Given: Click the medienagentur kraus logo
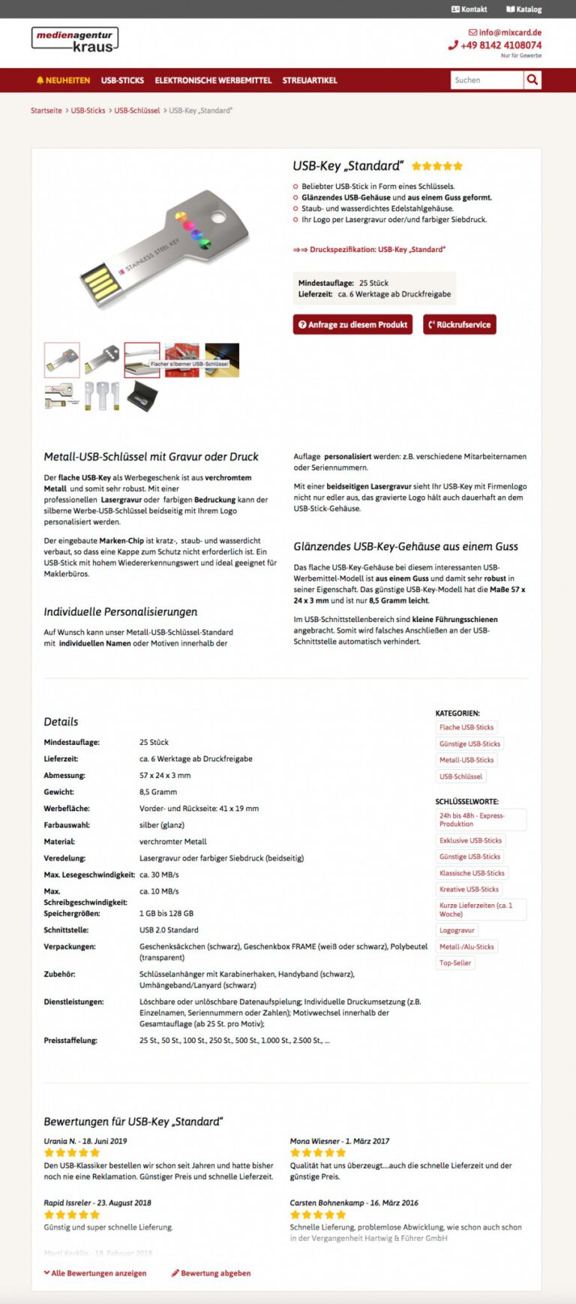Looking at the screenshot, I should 75,40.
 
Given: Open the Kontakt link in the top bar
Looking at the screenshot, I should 469,9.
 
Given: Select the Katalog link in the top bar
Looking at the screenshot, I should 524,9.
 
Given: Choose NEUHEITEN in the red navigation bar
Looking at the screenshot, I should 63,80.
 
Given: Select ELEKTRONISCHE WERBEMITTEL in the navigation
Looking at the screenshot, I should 213,80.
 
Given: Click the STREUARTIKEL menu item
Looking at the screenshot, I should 310,80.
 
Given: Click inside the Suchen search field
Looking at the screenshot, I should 486,80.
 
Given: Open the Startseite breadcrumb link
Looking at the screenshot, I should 46,110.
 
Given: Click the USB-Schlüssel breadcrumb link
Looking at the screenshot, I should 137,110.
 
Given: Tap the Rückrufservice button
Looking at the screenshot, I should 459,324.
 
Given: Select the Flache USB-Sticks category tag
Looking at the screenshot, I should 466,727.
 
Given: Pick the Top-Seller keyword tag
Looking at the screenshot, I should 455,963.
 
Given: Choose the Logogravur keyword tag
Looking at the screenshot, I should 457,930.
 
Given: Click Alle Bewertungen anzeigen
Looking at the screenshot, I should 95,1273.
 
